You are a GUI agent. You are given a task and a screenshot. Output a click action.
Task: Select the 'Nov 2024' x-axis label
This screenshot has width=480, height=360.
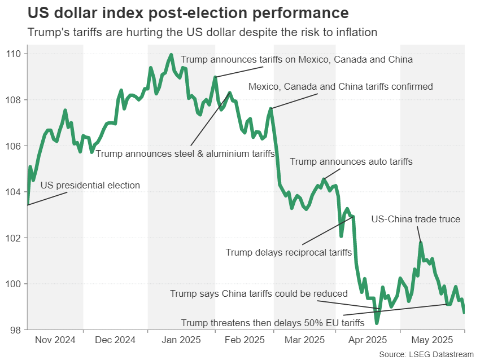coord(55,340)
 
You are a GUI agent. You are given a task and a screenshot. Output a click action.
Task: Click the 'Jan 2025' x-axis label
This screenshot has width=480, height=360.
coord(181,340)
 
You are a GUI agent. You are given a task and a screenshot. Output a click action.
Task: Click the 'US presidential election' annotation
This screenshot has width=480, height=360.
coord(90,185)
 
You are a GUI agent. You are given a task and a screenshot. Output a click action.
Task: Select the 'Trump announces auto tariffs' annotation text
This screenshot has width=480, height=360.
coord(351,161)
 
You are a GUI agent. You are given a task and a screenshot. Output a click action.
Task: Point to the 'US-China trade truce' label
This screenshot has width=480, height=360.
coord(416,219)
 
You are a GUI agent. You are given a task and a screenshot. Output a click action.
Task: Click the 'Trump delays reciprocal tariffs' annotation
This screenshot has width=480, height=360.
coord(289,252)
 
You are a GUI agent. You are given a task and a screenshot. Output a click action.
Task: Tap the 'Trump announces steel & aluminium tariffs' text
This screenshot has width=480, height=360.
coord(185,153)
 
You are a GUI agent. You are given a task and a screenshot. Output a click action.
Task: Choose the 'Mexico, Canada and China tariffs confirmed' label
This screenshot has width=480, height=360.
coord(341,87)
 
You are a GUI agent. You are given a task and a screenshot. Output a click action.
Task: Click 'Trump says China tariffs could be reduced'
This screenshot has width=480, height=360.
coord(259,293)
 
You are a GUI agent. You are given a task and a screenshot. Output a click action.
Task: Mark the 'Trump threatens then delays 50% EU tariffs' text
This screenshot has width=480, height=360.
coord(272,323)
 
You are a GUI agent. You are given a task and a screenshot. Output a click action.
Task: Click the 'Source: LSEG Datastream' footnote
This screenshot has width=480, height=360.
coord(426,354)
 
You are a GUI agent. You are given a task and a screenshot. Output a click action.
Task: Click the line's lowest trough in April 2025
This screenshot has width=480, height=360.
coord(377,323)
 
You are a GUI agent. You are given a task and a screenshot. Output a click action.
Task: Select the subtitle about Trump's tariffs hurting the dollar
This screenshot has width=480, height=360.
coord(202,32)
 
